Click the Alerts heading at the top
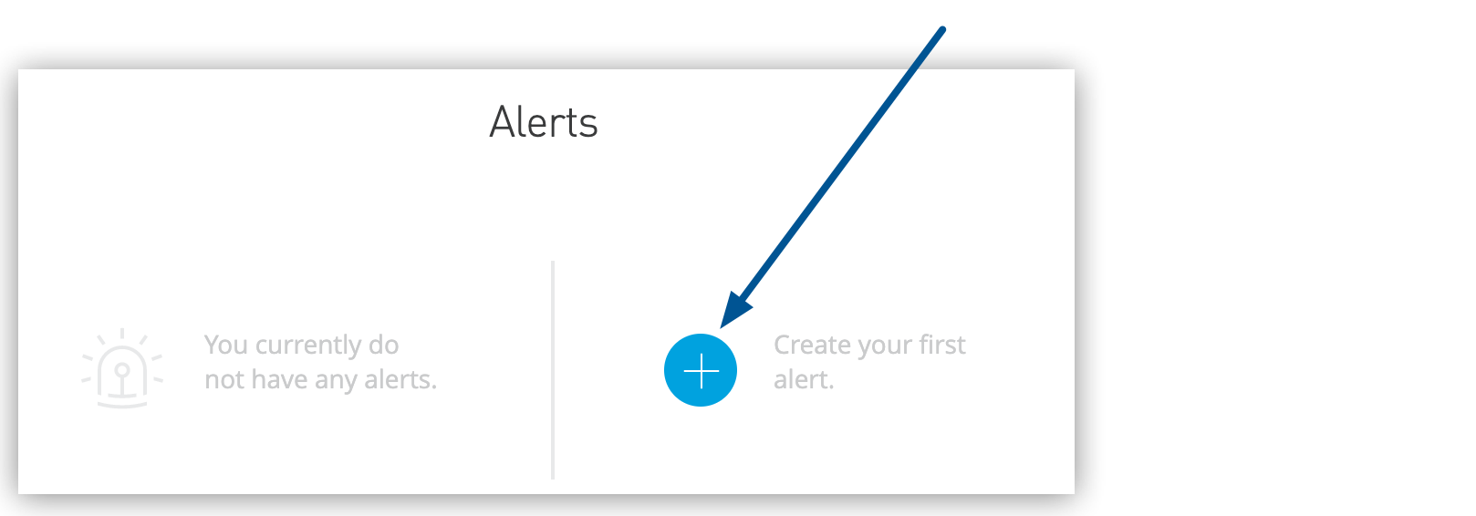coord(544,122)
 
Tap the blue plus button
coord(701,370)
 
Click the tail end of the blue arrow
coord(941,30)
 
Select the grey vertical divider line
coord(553,369)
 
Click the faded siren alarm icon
coord(122,369)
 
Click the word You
coord(226,345)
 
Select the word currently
coord(308,345)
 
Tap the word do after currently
coord(383,345)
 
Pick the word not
coord(224,379)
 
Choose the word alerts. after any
coord(400,379)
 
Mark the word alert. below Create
coord(804,379)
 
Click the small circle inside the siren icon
coord(122,370)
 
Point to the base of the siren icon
coord(122,401)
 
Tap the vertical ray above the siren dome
coord(122,334)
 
